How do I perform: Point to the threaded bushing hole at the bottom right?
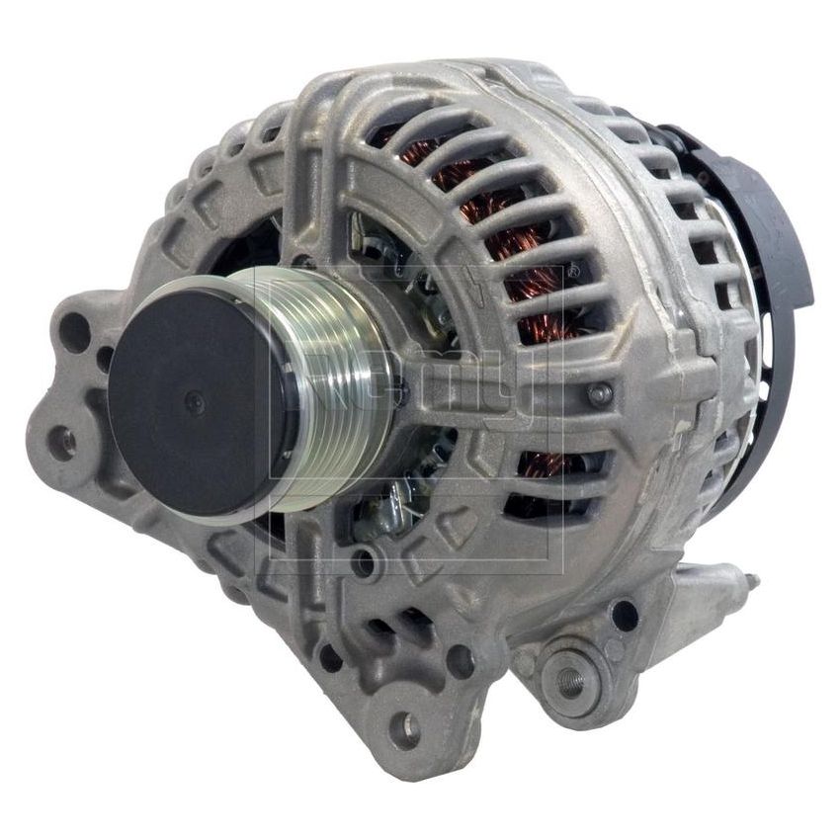click(570, 679)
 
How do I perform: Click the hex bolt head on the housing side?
click(600, 393)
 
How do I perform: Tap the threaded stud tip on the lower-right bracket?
click(751, 583)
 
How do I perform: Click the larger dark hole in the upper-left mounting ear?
click(75, 331)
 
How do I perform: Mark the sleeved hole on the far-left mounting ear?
click(62, 442)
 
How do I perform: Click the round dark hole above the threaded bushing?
click(625, 615)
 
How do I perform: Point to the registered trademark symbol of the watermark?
click(573, 269)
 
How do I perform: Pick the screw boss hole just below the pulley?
click(364, 563)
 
